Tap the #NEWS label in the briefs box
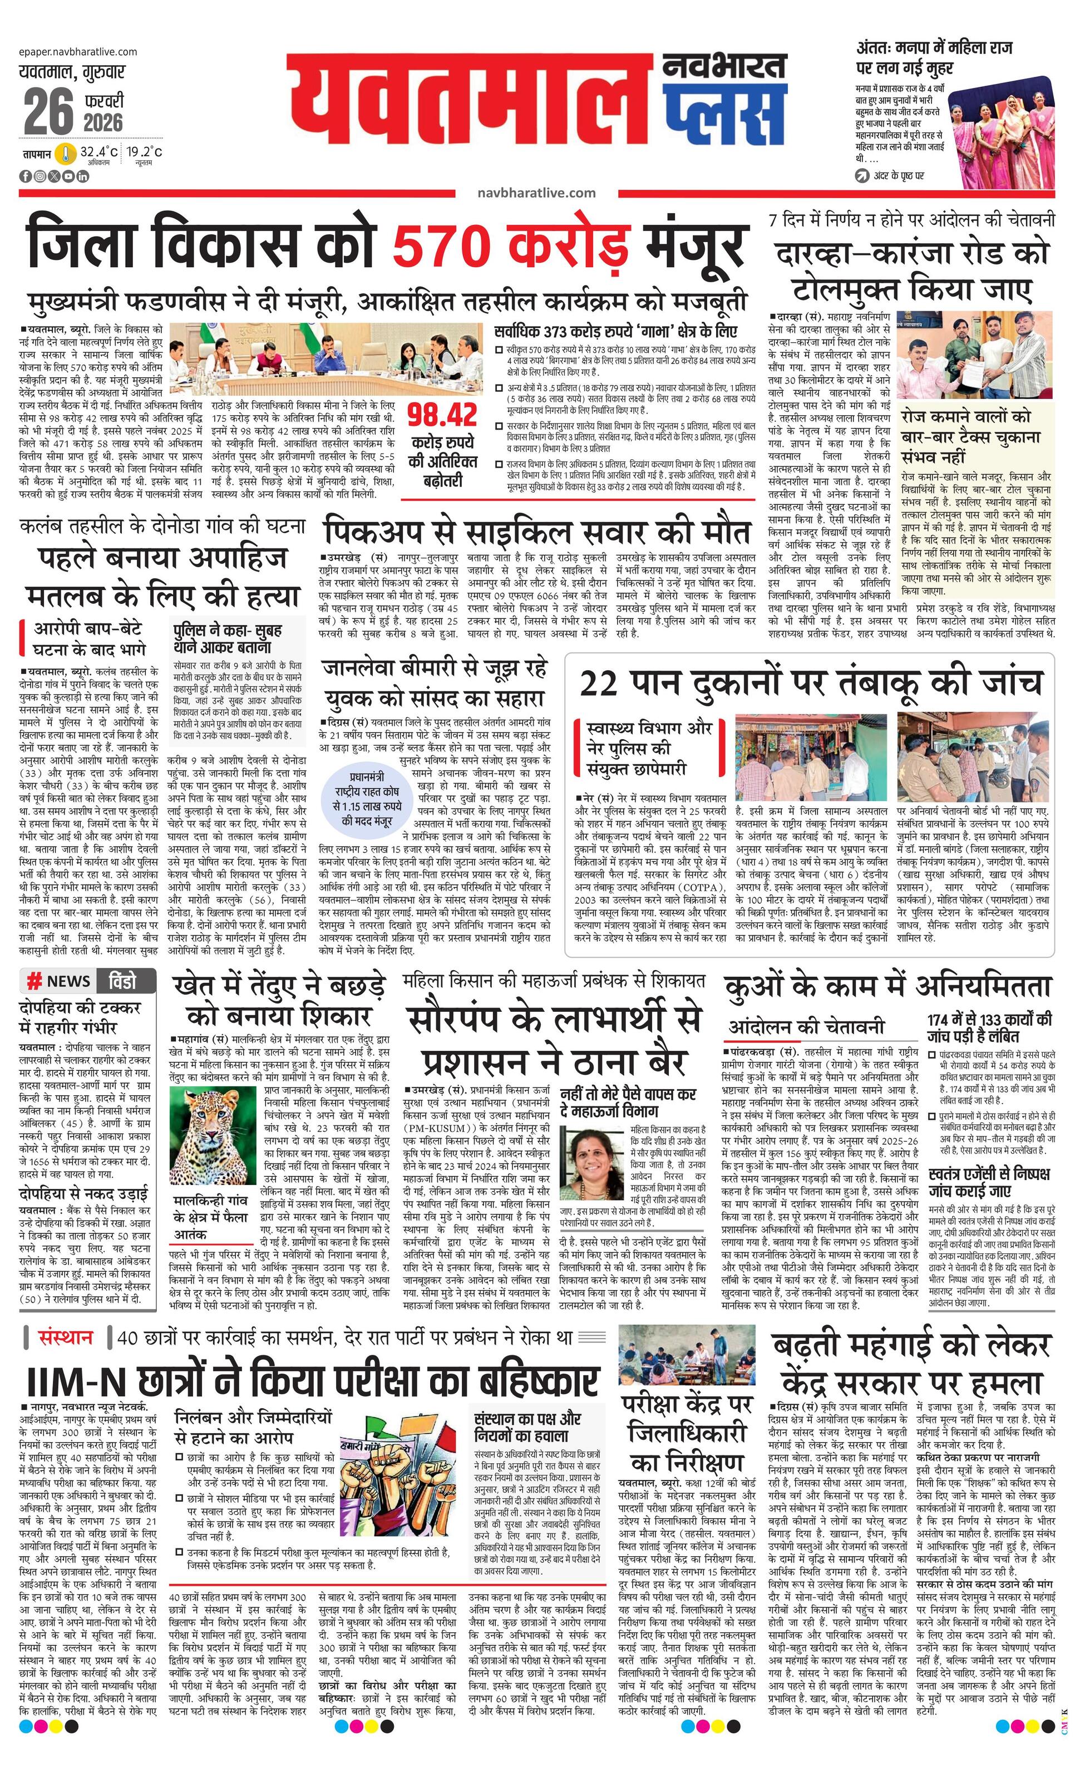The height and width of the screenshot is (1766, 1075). pos(59,981)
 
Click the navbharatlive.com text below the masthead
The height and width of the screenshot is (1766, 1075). pos(536,192)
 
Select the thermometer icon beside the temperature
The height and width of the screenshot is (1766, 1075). pos(67,154)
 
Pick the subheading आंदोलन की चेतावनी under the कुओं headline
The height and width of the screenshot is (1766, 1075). pos(807,1027)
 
